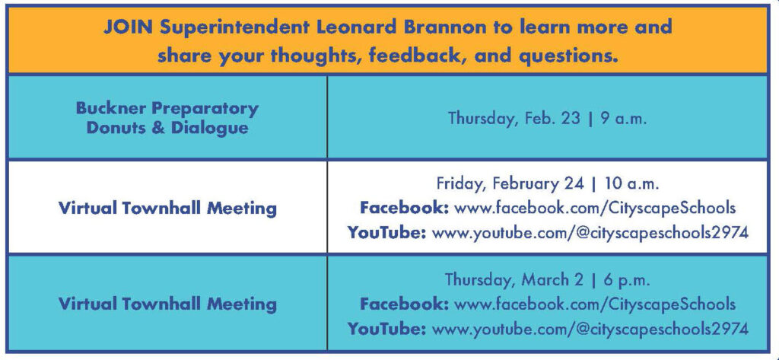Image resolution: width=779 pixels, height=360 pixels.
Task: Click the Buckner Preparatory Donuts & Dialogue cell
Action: coord(167,118)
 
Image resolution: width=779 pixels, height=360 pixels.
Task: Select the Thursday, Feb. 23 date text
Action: coord(514,119)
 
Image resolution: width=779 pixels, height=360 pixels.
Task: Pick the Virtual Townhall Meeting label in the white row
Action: coord(167,208)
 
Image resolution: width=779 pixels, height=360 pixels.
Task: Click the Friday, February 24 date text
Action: coord(510,184)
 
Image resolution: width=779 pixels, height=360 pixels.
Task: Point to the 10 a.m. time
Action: coord(631,184)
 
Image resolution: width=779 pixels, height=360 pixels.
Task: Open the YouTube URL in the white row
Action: coord(590,232)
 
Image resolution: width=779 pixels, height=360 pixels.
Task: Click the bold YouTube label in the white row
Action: coord(386,231)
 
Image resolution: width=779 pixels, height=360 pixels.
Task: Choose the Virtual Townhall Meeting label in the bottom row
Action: coord(167,304)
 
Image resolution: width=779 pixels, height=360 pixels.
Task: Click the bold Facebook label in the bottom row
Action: coord(405,304)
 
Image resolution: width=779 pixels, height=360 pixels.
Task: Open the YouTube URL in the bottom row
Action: coord(590,329)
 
